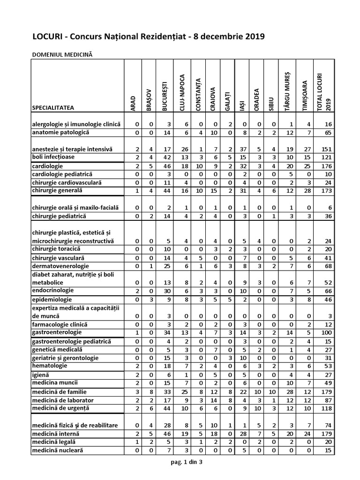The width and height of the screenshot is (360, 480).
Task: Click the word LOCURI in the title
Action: [47, 37]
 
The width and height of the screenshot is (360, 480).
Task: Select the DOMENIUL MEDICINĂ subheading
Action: [62, 55]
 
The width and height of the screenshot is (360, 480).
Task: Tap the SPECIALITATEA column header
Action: [53, 108]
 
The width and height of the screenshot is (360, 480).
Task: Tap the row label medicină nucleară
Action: [58, 450]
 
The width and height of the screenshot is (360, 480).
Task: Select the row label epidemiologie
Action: [52, 300]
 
